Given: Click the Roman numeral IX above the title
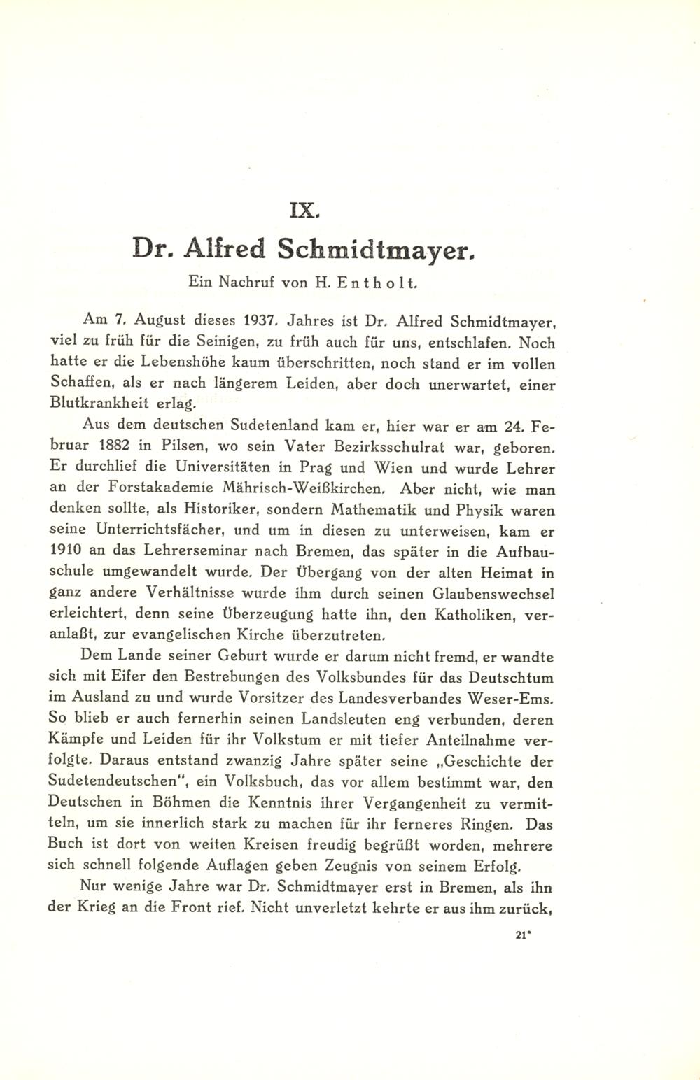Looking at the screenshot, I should (349, 209).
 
